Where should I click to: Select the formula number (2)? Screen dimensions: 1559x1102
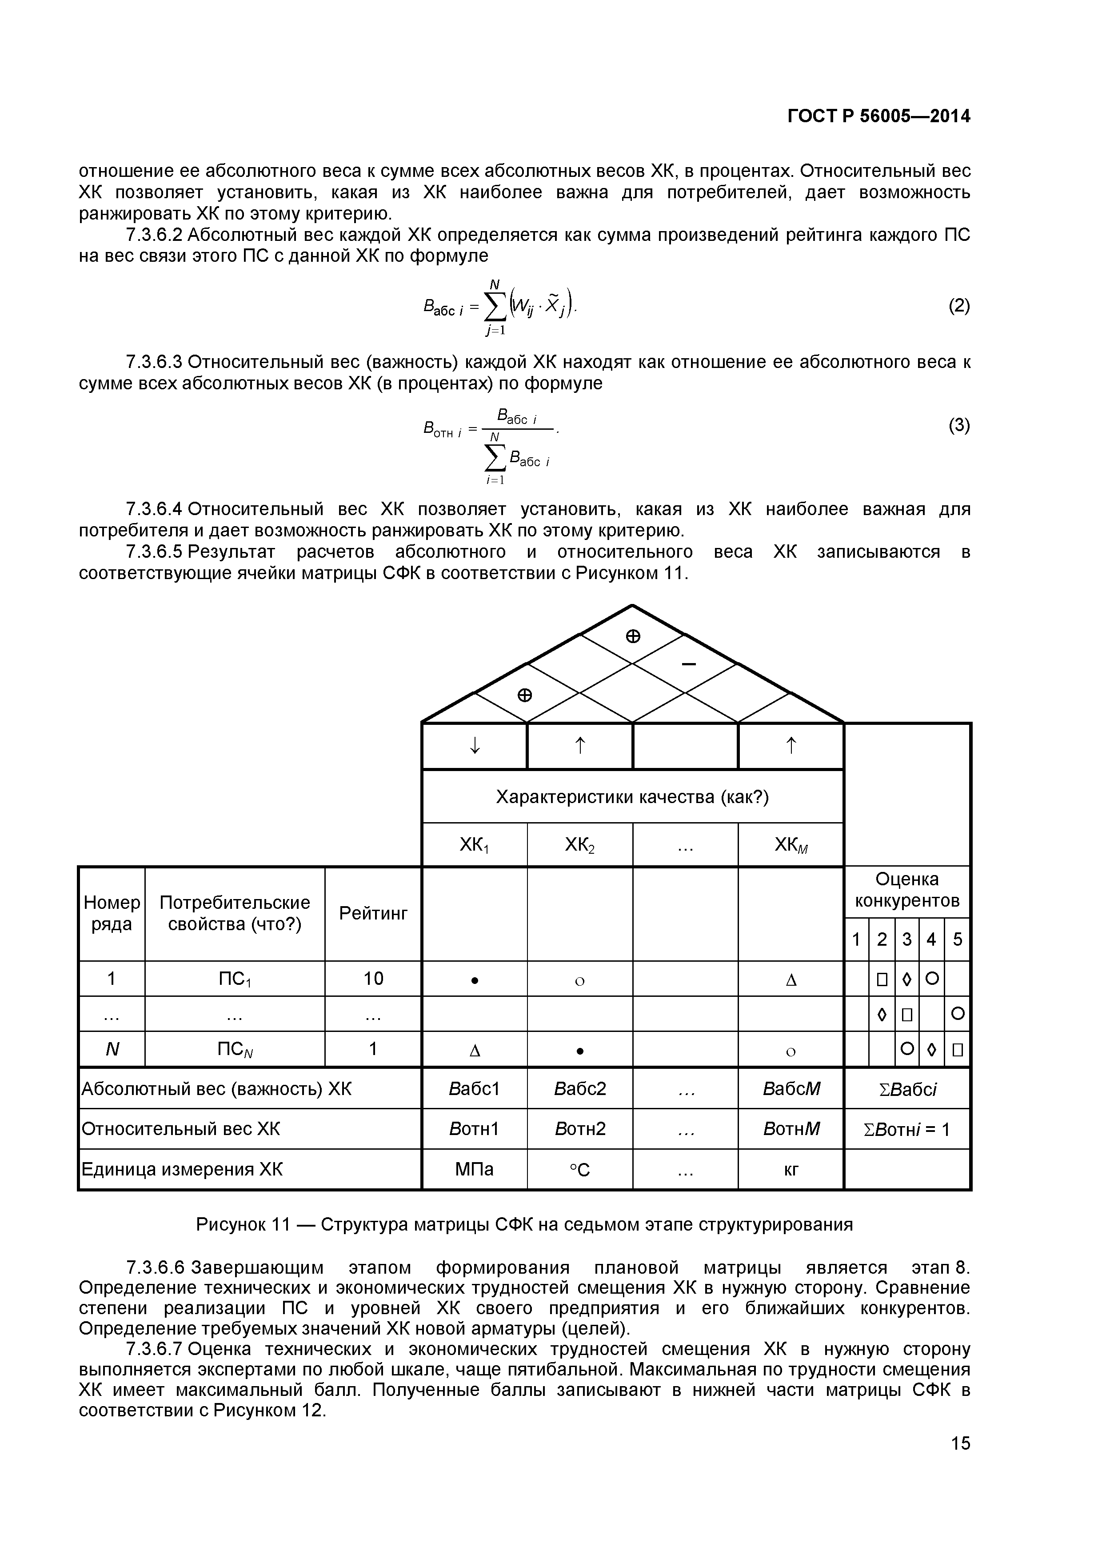tap(959, 306)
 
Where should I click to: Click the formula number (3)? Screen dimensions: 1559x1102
tap(959, 426)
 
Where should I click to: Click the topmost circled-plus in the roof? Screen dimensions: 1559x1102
tap(632, 636)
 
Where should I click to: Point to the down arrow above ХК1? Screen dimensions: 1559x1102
tap(475, 746)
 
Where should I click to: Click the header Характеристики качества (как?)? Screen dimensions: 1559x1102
tap(632, 796)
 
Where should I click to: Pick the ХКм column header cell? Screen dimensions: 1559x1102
tap(791, 845)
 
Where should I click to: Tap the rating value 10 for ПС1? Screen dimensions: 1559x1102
tap(373, 979)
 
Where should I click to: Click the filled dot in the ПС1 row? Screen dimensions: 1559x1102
tap(475, 980)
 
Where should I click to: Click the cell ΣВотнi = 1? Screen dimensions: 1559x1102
tap(907, 1129)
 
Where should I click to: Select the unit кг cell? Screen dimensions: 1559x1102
tap(791, 1169)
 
